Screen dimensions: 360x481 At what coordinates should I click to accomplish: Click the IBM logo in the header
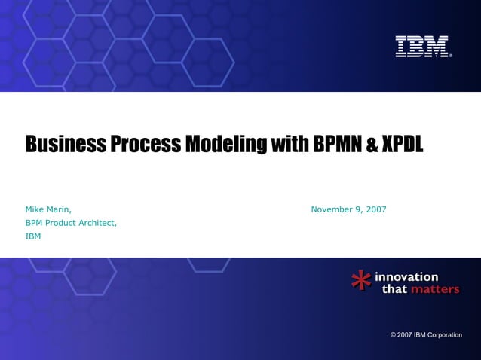(422, 46)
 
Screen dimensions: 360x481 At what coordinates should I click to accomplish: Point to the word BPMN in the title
(335, 143)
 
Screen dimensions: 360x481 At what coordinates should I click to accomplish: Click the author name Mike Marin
(48, 209)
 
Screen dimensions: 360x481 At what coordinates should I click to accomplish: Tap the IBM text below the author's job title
(33, 236)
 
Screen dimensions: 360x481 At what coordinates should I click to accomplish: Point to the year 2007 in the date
(375, 209)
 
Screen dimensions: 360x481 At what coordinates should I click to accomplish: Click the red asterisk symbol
(361, 282)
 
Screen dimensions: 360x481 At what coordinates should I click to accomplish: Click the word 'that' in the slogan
(394, 289)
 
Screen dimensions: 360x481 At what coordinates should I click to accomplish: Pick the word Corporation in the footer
(445, 334)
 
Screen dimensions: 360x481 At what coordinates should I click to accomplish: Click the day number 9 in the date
(357, 209)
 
